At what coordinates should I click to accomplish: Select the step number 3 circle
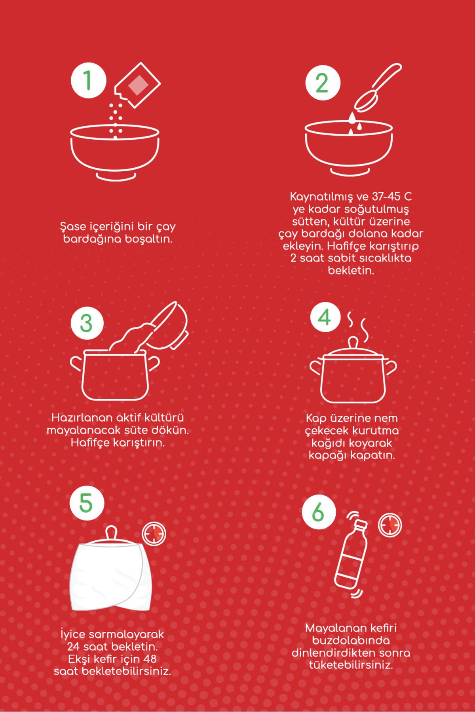tap(87, 323)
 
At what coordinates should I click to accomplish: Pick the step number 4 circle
tap(325, 317)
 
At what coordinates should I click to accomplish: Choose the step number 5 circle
tap(87, 503)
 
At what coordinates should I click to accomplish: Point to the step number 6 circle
tap(319, 513)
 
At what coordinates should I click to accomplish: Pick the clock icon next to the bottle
tap(390, 525)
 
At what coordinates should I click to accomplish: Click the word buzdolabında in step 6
tap(351, 640)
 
